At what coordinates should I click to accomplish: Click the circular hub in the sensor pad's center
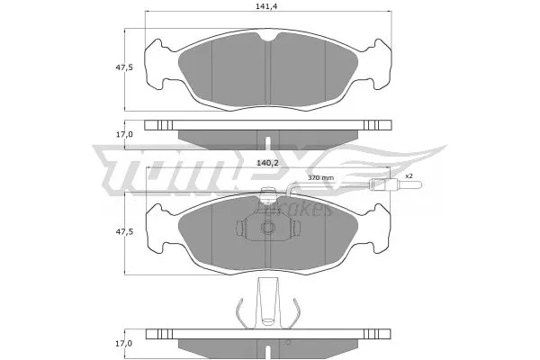pos(267,229)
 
